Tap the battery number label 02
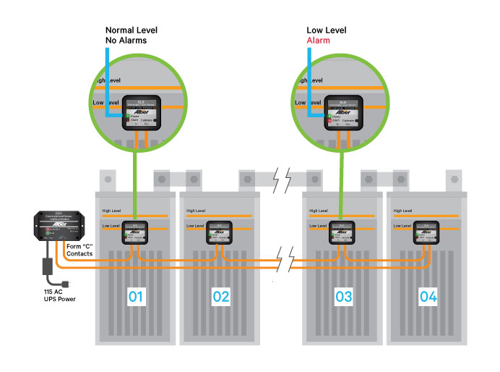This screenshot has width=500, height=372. tap(220, 296)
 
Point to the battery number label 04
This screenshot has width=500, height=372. tap(428, 296)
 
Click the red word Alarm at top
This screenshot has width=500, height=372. tap(318, 41)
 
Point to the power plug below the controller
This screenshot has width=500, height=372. tap(64, 280)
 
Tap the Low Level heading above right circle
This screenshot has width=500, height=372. tap(325, 30)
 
